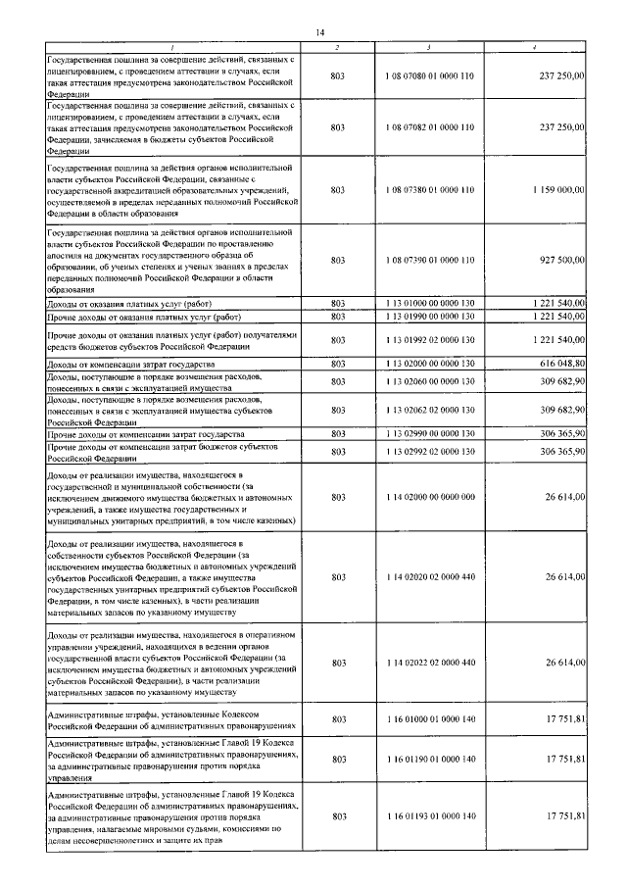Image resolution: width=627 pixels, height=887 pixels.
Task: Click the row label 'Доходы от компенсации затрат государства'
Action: (138, 364)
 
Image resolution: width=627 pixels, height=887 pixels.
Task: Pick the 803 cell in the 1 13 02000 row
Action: (339, 364)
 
